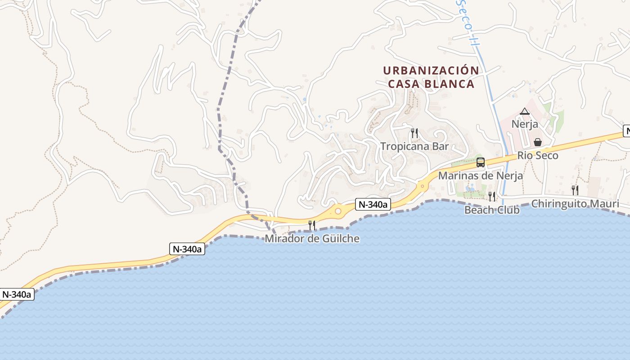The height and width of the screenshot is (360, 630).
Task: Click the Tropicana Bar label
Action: click(414, 146)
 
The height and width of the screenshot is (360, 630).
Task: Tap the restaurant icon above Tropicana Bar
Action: click(414, 133)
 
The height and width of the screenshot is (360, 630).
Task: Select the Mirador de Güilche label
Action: click(312, 238)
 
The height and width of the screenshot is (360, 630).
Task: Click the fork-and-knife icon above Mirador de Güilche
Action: click(311, 225)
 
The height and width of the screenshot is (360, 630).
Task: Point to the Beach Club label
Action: click(492, 210)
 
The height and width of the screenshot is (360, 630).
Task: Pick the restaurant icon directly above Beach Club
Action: click(492, 196)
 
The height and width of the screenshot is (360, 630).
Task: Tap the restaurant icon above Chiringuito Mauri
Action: click(575, 190)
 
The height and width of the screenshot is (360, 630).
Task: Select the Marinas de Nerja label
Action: click(480, 175)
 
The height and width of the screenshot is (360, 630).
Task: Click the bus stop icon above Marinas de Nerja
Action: click(480, 162)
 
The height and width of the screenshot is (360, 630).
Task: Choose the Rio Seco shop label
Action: click(538, 156)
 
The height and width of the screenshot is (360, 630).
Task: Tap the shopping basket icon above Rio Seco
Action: click(538, 143)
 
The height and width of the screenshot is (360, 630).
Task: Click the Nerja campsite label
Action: click(525, 124)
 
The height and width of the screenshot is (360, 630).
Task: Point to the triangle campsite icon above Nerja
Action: click(525, 111)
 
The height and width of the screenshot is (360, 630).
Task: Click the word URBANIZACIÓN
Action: click(431, 71)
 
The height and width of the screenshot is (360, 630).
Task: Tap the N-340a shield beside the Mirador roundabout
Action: click(373, 205)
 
